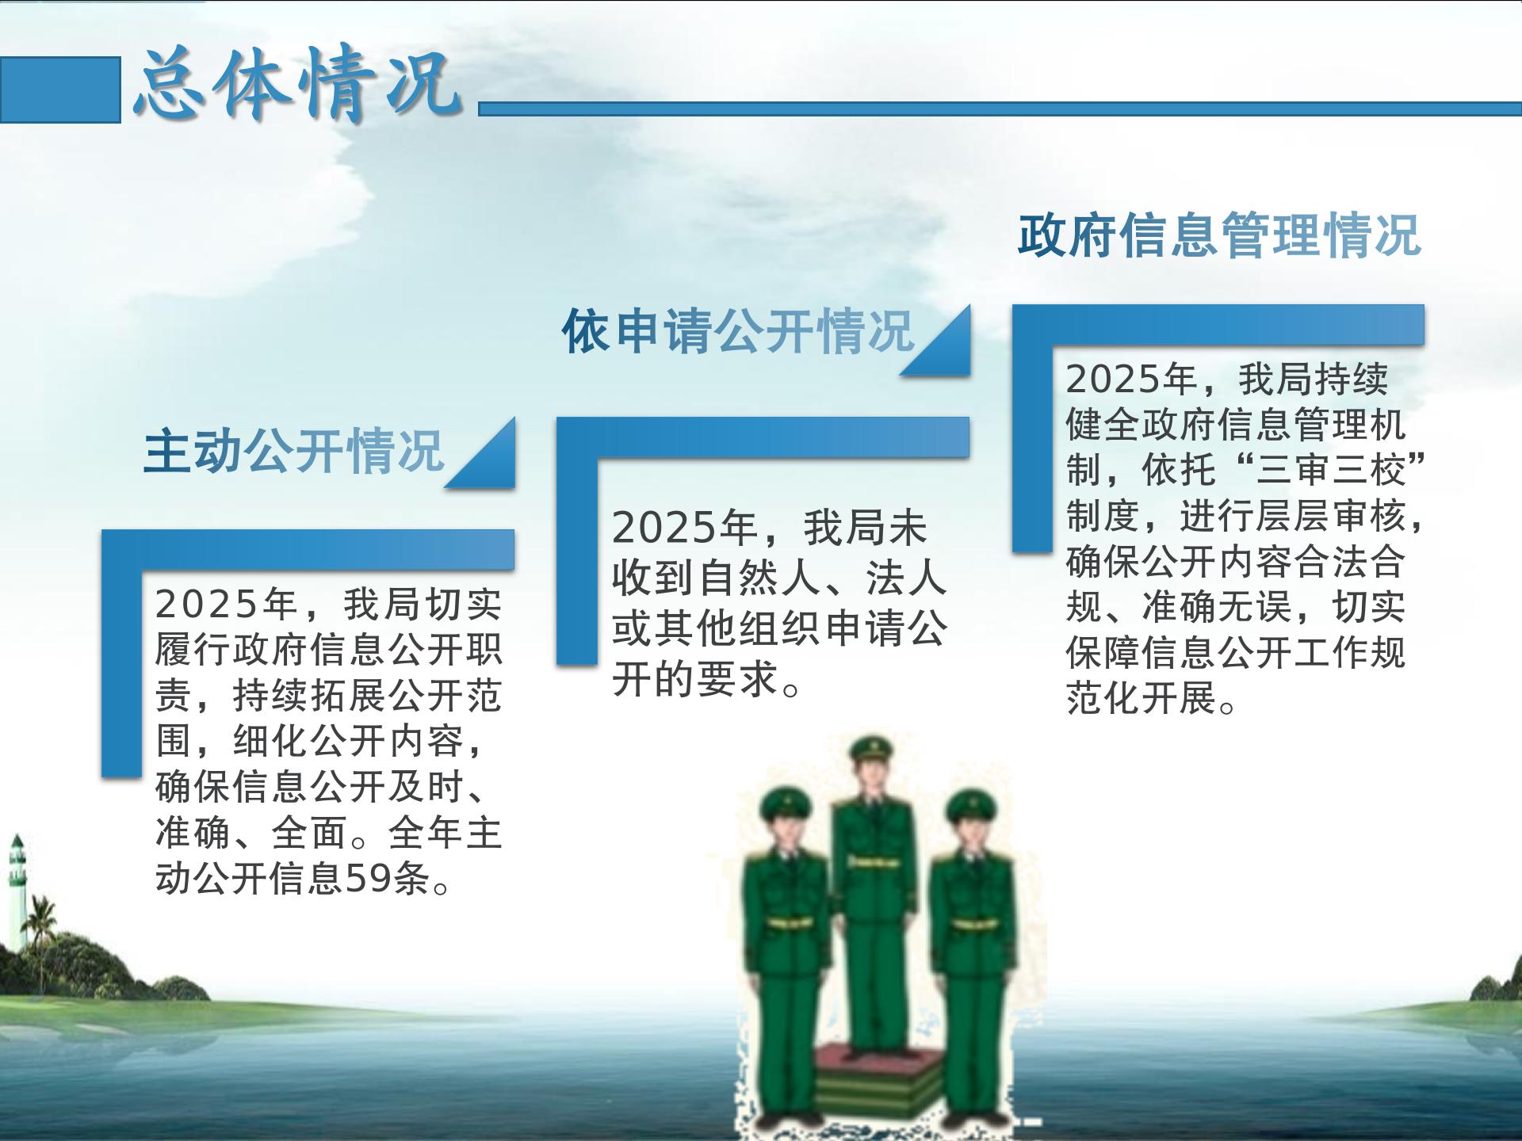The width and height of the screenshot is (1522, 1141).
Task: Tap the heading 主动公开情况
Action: pyautogui.click(x=293, y=452)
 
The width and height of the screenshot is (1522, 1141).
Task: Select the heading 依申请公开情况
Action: pyautogui.click(x=738, y=331)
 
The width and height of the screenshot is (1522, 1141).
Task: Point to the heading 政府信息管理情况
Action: pyautogui.click(x=1219, y=235)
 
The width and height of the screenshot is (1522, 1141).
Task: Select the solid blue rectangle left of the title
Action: pyautogui.click(x=60, y=90)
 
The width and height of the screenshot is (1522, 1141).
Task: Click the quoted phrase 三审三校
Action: pyautogui.click(x=1332, y=471)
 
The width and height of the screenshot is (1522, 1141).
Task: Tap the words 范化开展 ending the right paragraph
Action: pyautogui.click(x=1141, y=699)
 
